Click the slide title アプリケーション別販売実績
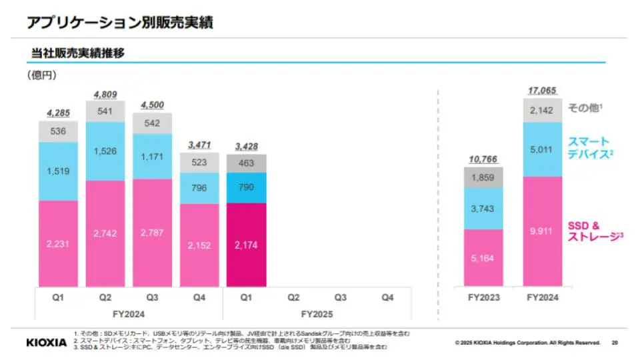point(119,22)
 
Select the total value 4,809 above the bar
point(105,95)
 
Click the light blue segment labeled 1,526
point(105,151)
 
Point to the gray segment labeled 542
point(152,123)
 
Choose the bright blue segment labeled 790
point(246,188)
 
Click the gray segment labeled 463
point(246,163)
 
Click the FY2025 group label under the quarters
point(316,313)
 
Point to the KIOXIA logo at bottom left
point(47,342)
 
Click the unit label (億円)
point(41,75)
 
